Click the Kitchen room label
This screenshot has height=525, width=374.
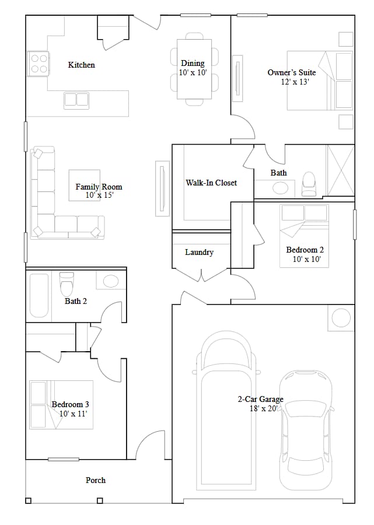point(81,65)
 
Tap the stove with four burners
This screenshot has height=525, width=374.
point(38,64)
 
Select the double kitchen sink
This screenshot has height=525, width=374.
point(76,100)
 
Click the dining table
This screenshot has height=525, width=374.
point(194,69)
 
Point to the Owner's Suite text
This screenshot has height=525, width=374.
point(292,72)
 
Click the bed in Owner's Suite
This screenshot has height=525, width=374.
point(320,80)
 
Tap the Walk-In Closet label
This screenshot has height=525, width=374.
point(211,183)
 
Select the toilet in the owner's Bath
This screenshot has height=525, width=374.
point(309,184)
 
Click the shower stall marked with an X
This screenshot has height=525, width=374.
point(341,170)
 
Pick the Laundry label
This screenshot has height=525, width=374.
point(199,252)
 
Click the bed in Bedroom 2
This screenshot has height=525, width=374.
point(304,236)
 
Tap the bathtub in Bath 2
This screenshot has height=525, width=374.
point(39,295)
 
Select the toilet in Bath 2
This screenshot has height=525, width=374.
point(67,284)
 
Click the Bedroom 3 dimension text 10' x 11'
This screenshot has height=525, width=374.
point(74,414)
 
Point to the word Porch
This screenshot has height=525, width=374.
point(96,480)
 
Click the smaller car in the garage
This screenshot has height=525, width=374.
point(306,430)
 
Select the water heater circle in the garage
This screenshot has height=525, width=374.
point(341,317)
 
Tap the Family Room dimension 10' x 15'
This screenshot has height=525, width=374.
point(99,195)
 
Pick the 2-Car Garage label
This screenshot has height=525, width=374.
point(260,399)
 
